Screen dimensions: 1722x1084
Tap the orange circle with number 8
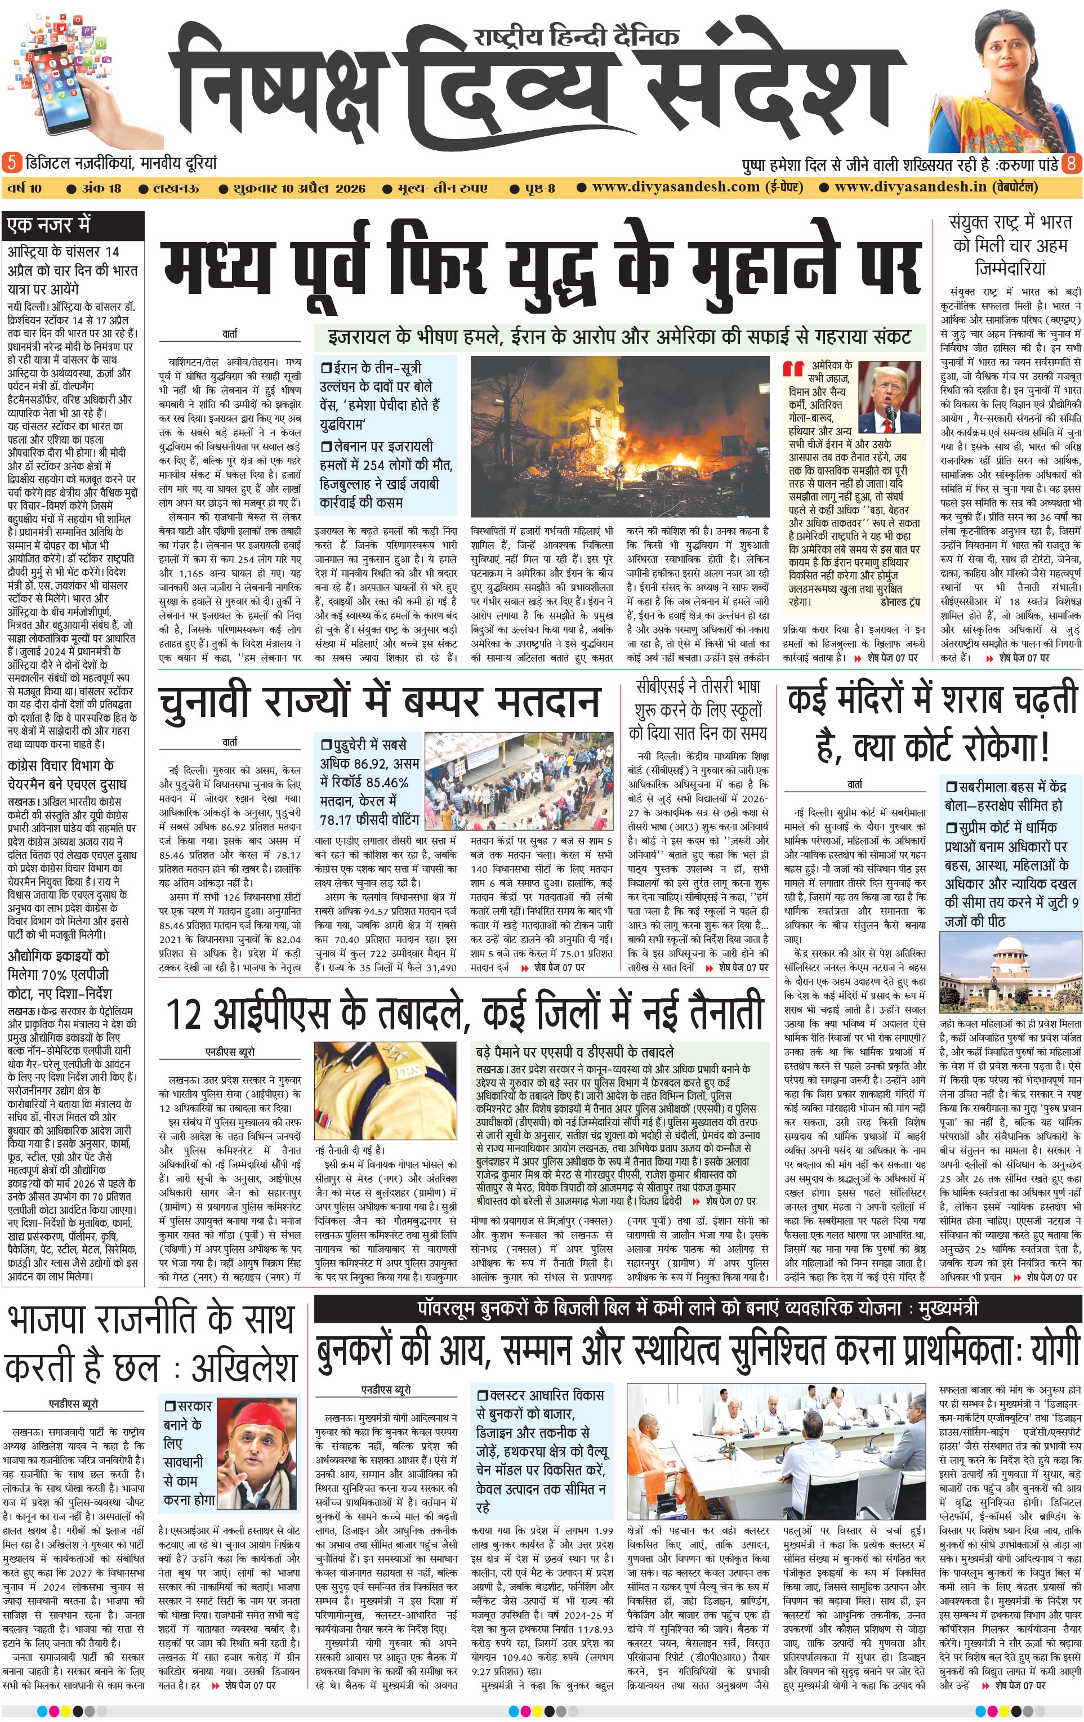1071,163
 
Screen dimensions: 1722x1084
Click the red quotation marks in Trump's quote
793,369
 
